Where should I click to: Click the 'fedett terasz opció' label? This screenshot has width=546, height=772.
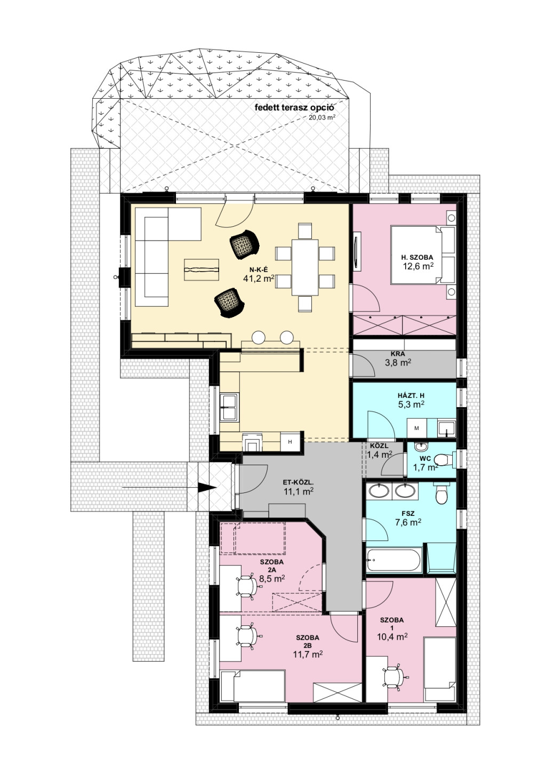[294, 107]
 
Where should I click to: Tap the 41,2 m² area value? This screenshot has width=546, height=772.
[259, 278]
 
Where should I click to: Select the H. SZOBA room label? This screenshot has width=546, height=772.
[417, 257]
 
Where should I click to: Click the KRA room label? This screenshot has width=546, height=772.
[398, 354]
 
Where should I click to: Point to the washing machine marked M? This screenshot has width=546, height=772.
[416, 428]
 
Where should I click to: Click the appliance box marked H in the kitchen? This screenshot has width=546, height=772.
[290, 442]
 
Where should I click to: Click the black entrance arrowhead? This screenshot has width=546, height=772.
[207, 487]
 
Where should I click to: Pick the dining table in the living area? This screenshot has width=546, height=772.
[305, 267]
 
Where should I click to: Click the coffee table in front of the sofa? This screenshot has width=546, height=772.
[202, 270]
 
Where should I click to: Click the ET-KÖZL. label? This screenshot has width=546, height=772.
[299, 482]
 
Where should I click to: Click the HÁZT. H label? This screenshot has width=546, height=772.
[411, 396]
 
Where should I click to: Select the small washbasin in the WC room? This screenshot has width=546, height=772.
[419, 447]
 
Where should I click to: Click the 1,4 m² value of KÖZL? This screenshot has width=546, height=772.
[380, 455]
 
